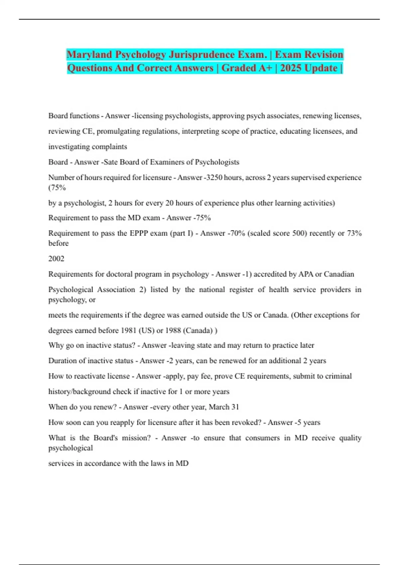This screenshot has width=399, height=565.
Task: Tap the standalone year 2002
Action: (x=56, y=259)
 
